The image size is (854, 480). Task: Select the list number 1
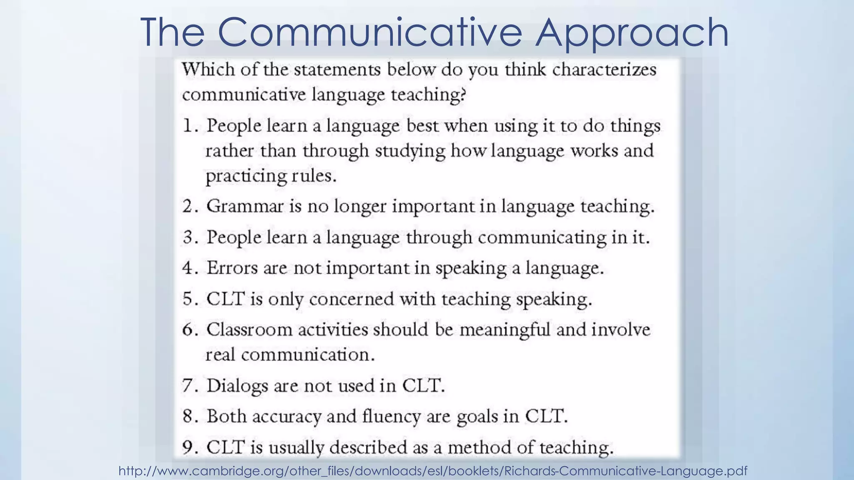[189, 126]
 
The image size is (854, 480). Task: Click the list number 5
[189, 299]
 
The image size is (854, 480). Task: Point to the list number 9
[189, 447]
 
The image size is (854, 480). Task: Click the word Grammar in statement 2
[245, 206]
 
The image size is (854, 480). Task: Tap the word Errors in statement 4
[232, 268]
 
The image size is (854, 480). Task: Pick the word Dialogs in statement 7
[237, 386]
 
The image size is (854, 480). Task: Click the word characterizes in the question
[604, 70]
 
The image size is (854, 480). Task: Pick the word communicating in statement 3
[542, 238]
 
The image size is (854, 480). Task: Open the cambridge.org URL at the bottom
[433, 471]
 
